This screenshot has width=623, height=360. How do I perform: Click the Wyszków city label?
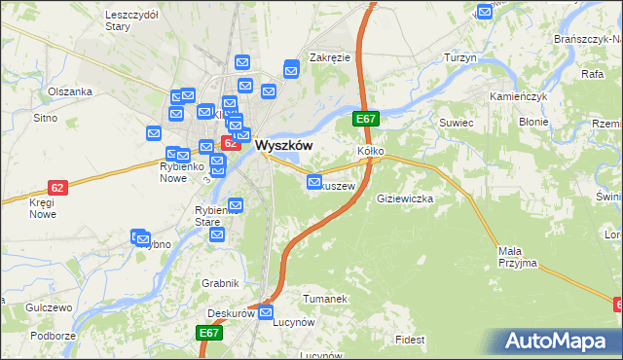pyautogui.click(x=283, y=144)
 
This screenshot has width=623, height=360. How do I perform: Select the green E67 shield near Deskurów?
pyautogui.click(x=210, y=333)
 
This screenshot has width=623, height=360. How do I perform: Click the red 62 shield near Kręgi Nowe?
pyautogui.click(x=58, y=187)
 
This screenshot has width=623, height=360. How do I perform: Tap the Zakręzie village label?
pyautogui.click(x=329, y=57)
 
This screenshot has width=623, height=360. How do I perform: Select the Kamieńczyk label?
pyautogui.click(x=521, y=98)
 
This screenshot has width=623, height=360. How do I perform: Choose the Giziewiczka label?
pyautogui.click(x=404, y=198)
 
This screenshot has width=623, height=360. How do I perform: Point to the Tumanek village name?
pyautogui.click(x=324, y=299)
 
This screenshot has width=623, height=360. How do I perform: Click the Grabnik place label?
pyautogui.click(x=221, y=283)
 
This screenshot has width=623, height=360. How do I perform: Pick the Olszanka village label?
pyautogui.click(x=70, y=91)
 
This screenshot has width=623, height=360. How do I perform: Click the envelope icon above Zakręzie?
pyautogui.click(x=291, y=69)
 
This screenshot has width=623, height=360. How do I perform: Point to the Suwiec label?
pyautogui.click(x=456, y=124)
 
